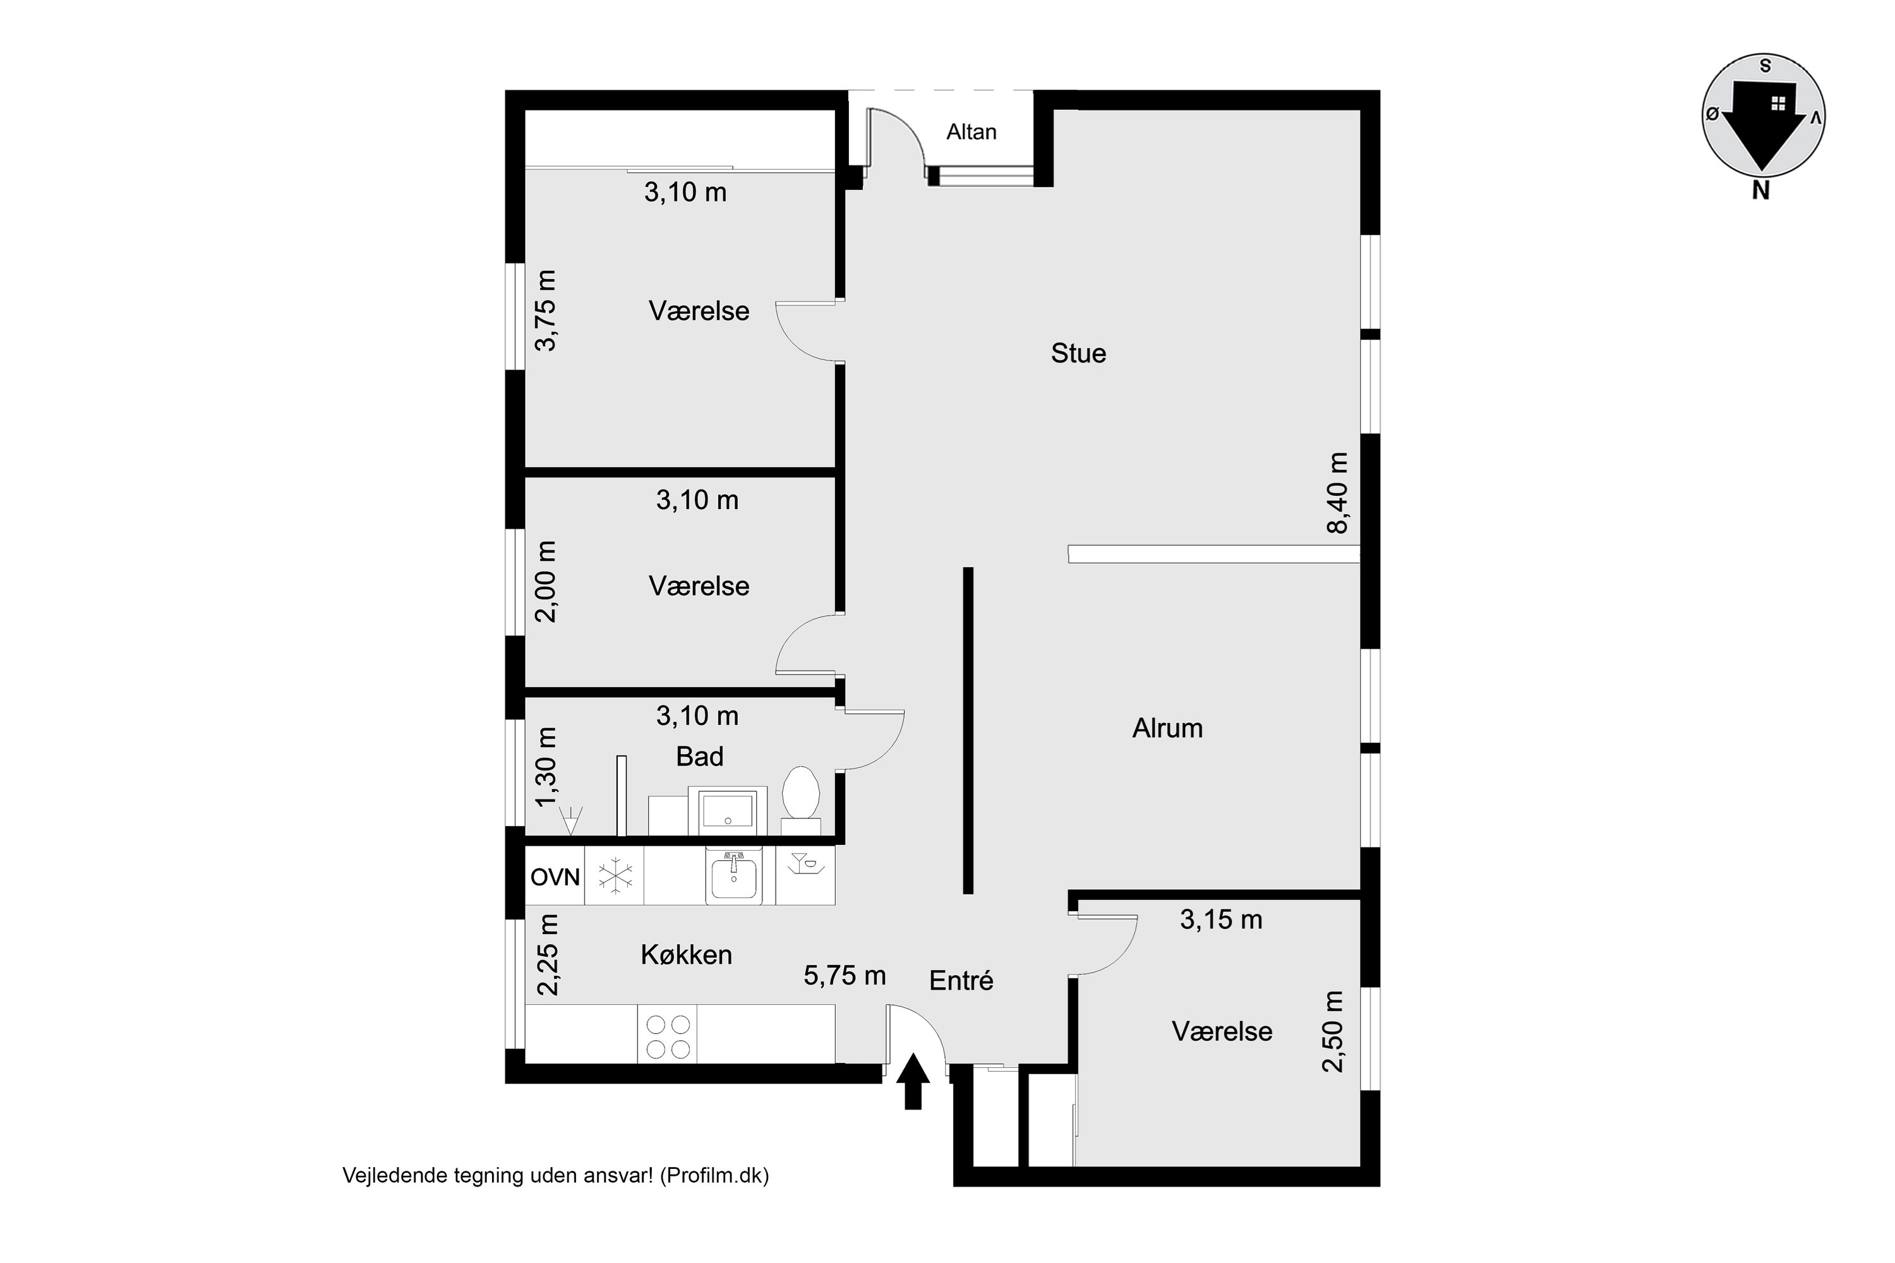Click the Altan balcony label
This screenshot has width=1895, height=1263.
pyautogui.click(x=971, y=131)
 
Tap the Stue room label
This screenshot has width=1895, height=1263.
pyautogui.click(x=1078, y=354)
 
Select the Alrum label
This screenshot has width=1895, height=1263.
pyautogui.click(x=1167, y=728)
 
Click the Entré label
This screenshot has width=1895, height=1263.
pyautogui.click(x=961, y=980)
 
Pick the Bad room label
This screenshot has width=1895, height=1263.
pyautogui.click(x=699, y=757)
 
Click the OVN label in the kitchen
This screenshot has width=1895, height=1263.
pyautogui.click(x=555, y=877)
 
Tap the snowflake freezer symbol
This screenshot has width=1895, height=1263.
pyautogui.click(x=614, y=875)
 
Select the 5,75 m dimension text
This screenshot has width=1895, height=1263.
pyautogui.click(x=845, y=976)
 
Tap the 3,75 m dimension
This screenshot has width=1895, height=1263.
pyautogui.click(x=546, y=310)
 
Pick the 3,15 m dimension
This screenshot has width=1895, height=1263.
pyautogui.click(x=1220, y=920)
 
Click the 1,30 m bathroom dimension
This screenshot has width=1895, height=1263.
pyautogui.click(x=546, y=767)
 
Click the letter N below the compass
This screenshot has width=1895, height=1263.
pyautogui.click(x=1760, y=191)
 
